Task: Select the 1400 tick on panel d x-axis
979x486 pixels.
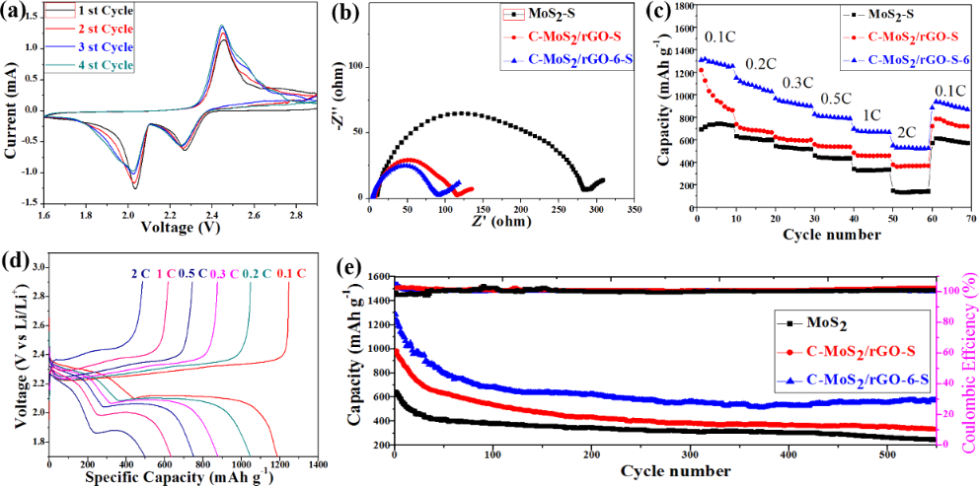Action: coord(316,462)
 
